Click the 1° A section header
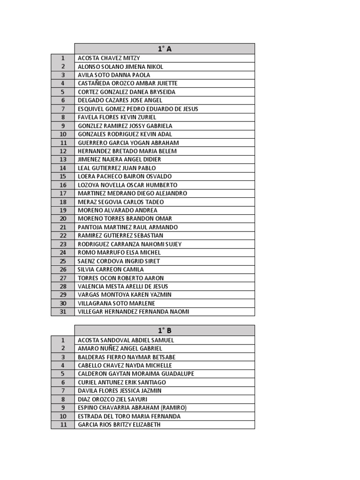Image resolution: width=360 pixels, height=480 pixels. pyautogui.click(x=164, y=49)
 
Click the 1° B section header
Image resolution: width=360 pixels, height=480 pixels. pyautogui.click(x=164, y=330)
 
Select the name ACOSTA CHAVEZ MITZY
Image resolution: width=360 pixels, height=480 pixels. pyautogui.click(x=109, y=58)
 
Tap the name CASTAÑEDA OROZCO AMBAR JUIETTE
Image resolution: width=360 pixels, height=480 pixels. pyautogui.click(x=127, y=83)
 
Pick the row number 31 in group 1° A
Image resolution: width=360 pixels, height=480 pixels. pyautogui.click(x=63, y=312)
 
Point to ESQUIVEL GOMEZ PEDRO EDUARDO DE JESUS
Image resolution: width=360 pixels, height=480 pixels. pyautogui.click(x=138, y=109)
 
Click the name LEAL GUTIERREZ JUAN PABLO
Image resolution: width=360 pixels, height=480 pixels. pyautogui.click(x=117, y=168)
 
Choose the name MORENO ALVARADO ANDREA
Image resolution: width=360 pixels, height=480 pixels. pyautogui.click(x=118, y=210)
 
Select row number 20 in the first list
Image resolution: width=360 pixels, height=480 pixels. pyautogui.click(x=63, y=219)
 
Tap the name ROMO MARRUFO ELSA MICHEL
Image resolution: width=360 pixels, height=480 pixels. pyautogui.click(x=119, y=253)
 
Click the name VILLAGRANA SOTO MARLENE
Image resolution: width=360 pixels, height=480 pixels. pyautogui.click(x=116, y=303)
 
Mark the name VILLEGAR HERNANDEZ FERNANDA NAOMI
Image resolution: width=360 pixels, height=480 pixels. pyautogui.click(x=134, y=312)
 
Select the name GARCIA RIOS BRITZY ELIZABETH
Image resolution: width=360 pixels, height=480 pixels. pyautogui.click(x=119, y=425)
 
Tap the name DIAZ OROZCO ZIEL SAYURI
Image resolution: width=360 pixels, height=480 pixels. pyautogui.click(x=112, y=399)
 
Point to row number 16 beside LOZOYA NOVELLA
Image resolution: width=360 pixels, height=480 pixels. pyautogui.click(x=63, y=185)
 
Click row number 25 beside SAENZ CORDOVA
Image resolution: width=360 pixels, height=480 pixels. pyautogui.click(x=63, y=261)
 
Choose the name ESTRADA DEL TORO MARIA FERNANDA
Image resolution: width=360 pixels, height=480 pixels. pyautogui.click(x=129, y=416)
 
